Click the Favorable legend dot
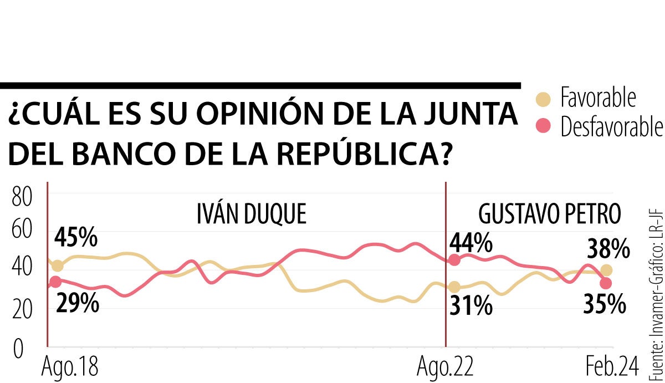point(544,99)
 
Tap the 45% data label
point(76,238)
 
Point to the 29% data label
point(77,303)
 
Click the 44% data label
point(471,242)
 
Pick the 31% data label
point(471,305)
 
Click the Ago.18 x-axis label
point(65,367)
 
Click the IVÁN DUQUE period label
point(251,214)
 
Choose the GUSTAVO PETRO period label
point(550,214)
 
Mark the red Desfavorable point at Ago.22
point(454,260)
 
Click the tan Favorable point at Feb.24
point(606,270)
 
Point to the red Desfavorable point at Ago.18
point(55,282)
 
